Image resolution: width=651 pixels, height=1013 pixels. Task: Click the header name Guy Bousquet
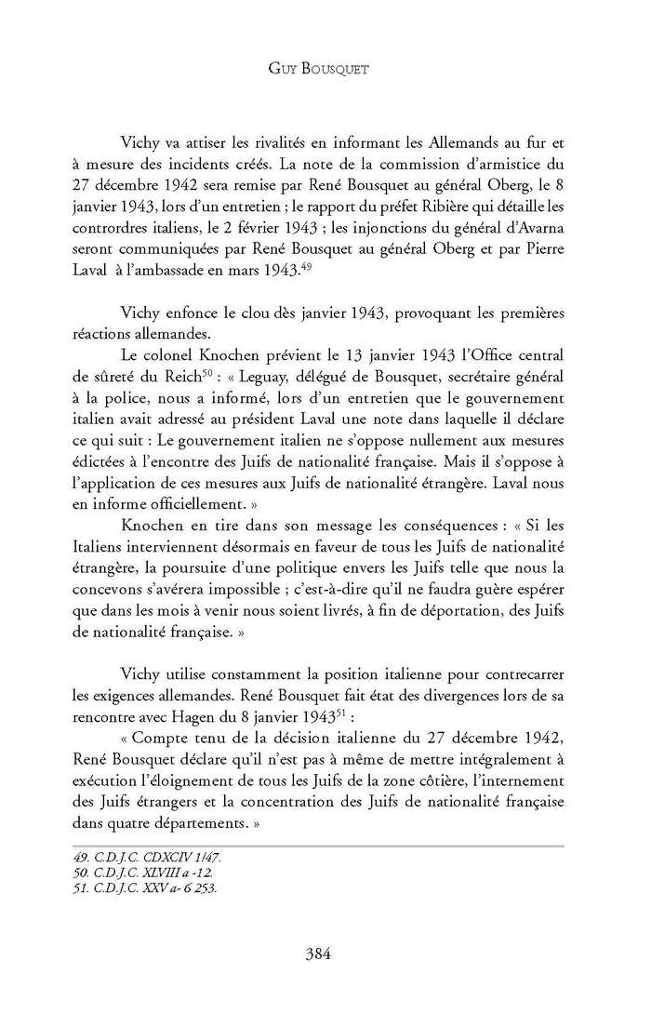tap(325, 69)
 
